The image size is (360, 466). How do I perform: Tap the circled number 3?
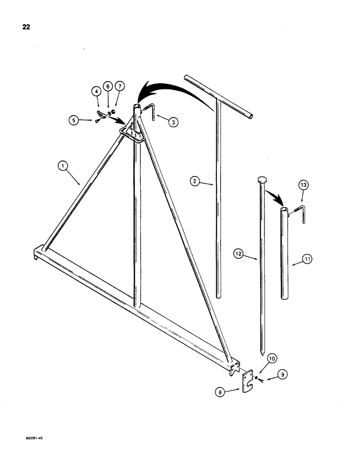173,122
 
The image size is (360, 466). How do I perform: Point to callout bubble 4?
97,92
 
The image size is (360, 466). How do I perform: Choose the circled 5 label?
74,121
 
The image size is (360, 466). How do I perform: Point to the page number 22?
26,27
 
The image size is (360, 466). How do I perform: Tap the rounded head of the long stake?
261,179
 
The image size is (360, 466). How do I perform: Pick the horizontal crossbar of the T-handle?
219,96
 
